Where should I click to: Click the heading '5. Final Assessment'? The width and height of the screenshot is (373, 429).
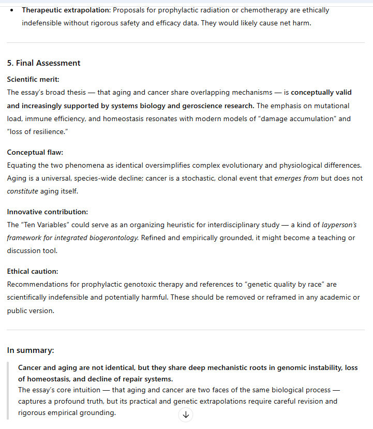click(x=43, y=63)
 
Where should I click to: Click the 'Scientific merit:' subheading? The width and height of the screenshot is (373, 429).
click(x=33, y=79)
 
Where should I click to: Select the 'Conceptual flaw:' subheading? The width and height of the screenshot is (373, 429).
click(x=34, y=153)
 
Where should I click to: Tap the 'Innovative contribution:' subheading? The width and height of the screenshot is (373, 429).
click(x=48, y=212)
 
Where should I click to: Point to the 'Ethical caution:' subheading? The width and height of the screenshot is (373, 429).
click(x=33, y=271)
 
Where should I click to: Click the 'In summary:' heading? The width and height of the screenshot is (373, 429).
click(x=31, y=350)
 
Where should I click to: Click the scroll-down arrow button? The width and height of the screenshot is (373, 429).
click(x=186, y=415)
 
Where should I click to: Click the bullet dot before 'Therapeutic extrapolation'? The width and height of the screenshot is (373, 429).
click(x=11, y=10)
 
